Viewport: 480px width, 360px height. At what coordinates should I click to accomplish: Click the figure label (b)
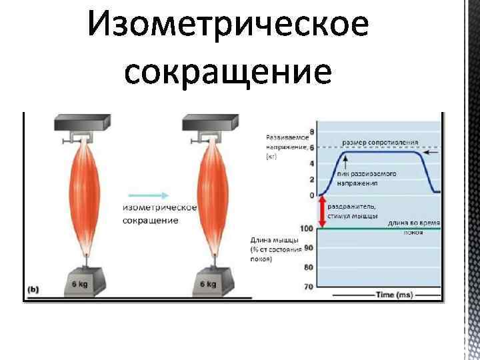[x=33, y=289]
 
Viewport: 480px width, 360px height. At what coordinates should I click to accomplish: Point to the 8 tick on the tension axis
[x=311, y=131]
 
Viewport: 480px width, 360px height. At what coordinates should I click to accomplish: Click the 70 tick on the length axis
[x=308, y=287]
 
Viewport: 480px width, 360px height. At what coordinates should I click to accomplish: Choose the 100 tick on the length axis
[x=307, y=229]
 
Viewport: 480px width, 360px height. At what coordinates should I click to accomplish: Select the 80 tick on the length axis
[x=308, y=267]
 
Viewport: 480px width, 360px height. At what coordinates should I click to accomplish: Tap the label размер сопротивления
[x=380, y=142]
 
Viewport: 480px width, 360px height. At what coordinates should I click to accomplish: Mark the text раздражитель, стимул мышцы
[x=355, y=211]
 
